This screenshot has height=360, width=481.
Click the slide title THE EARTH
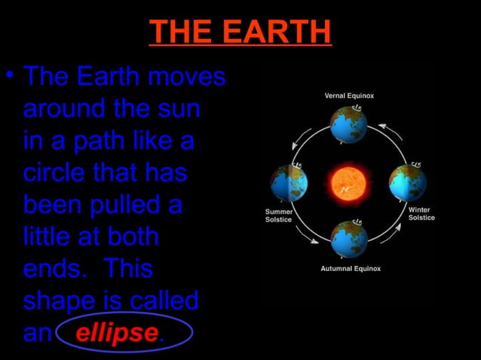(240, 32)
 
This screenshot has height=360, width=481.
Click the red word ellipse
(117, 333)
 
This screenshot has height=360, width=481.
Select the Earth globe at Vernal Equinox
(348, 125)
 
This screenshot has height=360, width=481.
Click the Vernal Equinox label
(349, 96)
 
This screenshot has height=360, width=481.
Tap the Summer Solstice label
(278, 215)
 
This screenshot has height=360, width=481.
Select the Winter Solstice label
(421, 213)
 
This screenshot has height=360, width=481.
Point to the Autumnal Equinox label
(351, 269)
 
